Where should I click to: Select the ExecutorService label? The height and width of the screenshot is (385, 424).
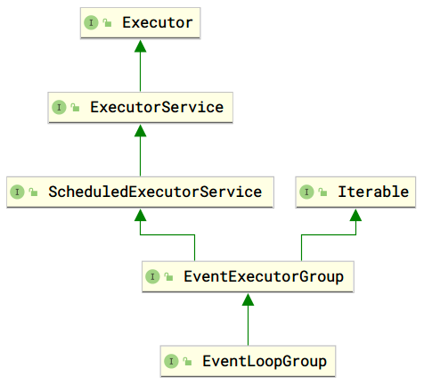click(x=156, y=107)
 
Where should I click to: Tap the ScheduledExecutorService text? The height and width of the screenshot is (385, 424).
click(x=155, y=192)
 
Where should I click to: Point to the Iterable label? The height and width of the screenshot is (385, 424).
click(x=373, y=192)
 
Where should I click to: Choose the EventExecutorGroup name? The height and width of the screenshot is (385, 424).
click(x=262, y=277)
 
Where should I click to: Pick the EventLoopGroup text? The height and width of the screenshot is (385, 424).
click(x=265, y=362)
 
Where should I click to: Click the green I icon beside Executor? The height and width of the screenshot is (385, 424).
click(x=93, y=22)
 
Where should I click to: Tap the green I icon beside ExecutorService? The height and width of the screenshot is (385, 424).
click(x=59, y=107)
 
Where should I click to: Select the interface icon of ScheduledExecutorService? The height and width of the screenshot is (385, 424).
click(x=17, y=192)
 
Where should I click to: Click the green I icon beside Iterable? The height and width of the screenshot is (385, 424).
click(x=307, y=192)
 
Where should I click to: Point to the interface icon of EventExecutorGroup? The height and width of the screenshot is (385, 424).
click(x=154, y=277)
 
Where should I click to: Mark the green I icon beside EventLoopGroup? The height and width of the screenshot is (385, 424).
click(x=171, y=362)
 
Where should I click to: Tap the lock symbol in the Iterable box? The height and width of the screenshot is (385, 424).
click(x=322, y=192)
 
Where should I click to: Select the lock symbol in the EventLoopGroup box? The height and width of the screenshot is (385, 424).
click(x=186, y=363)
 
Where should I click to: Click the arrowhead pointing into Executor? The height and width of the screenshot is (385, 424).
click(x=140, y=45)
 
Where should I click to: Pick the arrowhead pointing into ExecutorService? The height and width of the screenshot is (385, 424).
click(x=140, y=129)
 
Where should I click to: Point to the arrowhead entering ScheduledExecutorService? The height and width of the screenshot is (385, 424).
click(x=140, y=214)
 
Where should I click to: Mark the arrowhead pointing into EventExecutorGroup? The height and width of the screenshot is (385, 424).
click(x=249, y=299)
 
